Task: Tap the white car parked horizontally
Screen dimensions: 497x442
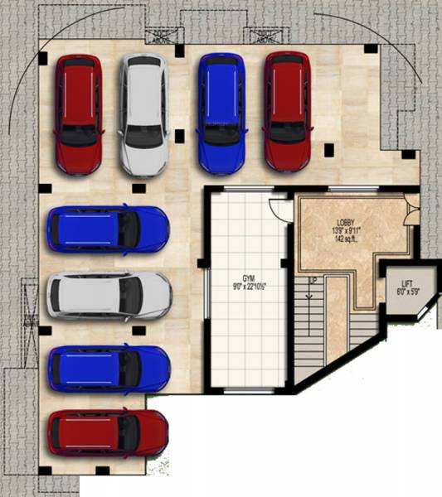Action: (108, 296)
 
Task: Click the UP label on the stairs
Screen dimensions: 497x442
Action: (313, 282)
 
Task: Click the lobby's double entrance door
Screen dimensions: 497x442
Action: (409, 211)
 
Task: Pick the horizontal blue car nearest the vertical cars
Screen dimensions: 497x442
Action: (108, 229)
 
